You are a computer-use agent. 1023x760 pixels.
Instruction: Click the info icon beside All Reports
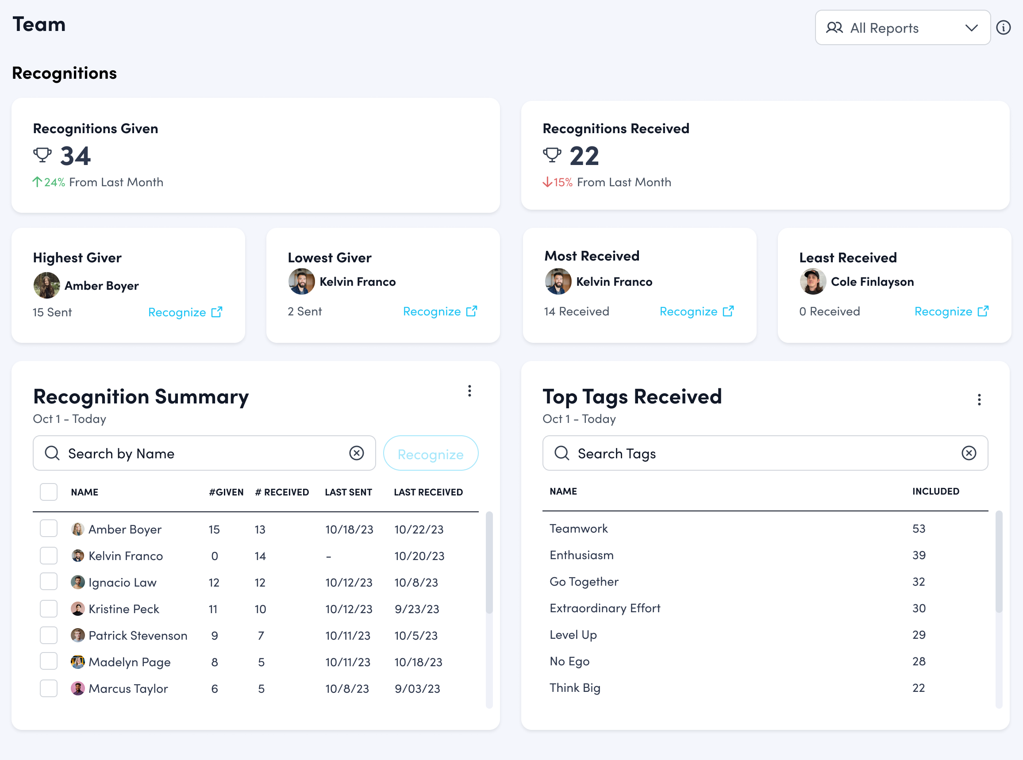coord(1003,27)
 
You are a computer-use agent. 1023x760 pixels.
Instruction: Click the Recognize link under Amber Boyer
coord(185,312)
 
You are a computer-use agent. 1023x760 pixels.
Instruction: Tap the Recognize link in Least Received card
coord(951,311)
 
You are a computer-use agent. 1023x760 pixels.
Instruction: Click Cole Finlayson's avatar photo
coord(813,281)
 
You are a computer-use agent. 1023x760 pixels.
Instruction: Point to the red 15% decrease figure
coord(562,182)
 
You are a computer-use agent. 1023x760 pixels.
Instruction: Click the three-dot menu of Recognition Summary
coord(469,391)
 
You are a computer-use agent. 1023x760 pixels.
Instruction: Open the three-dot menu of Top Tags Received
coord(979,399)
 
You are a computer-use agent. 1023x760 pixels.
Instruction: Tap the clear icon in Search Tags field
coord(969,453)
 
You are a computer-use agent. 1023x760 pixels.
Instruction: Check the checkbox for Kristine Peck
coord(49,609)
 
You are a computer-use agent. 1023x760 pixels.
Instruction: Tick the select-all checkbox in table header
coord(49,492)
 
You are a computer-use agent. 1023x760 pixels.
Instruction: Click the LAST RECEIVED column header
coord(428,492)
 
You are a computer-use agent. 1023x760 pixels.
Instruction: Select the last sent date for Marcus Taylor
coord(347,689)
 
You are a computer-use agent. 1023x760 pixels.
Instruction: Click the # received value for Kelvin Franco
coord(260,556)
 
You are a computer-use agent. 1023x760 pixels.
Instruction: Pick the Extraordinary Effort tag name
coord(605,608)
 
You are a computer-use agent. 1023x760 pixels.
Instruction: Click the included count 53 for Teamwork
coord(919,529)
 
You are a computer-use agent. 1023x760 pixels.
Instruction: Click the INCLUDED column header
coord(935,491)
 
